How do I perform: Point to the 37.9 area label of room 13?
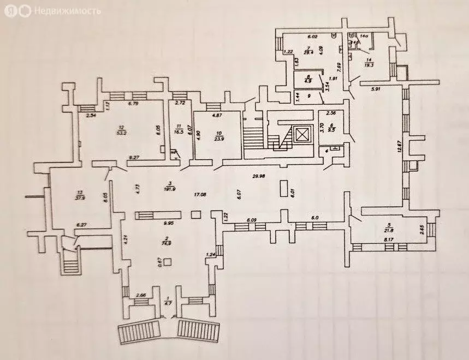click(x=81, y=198)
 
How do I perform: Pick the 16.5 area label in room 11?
click(x=179, y=131)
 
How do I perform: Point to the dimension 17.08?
click(x=200, y=194)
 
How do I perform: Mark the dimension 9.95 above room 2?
click(x=169, y=223)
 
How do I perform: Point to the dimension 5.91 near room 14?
click(x=376, y=89)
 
